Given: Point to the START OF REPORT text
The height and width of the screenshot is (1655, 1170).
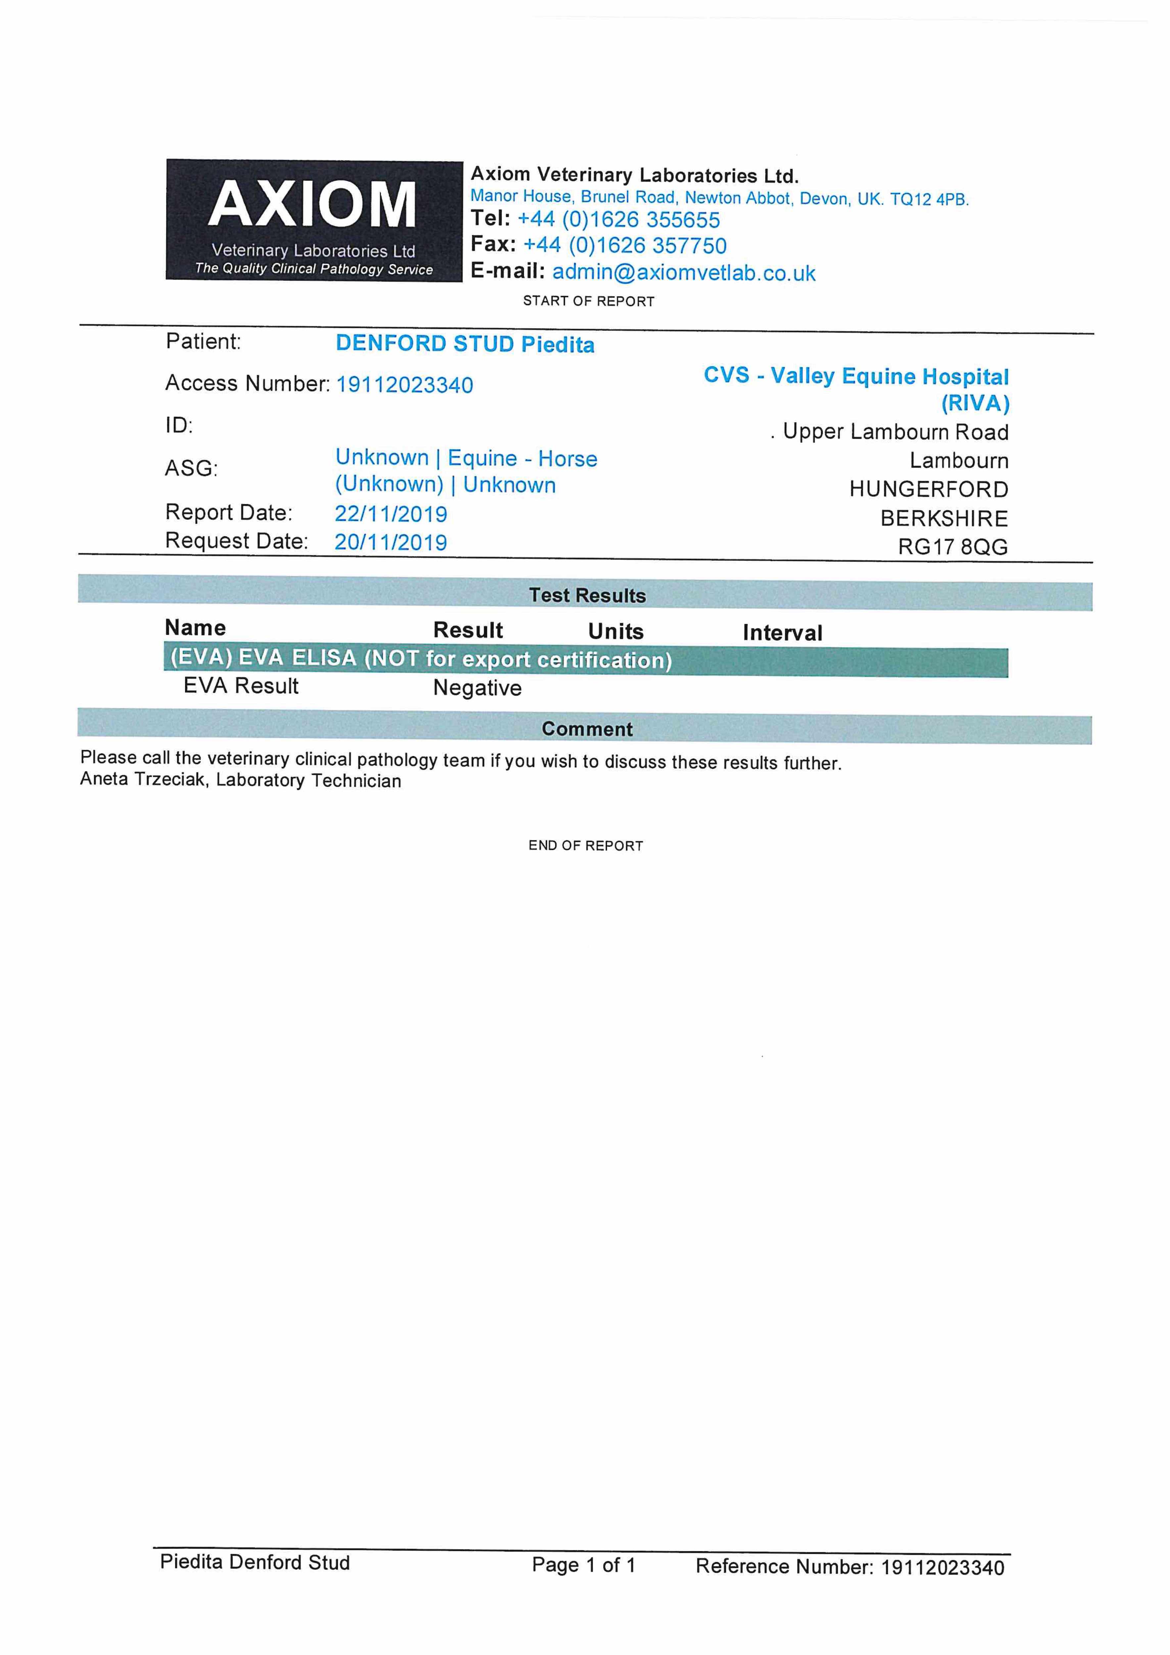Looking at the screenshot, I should [588, 301].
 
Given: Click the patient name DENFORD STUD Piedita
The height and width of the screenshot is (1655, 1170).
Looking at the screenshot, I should [465, 344].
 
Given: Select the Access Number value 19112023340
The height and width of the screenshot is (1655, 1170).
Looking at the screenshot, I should [404, 385].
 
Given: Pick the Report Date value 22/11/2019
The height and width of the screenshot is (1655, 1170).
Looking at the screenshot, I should [391, 514].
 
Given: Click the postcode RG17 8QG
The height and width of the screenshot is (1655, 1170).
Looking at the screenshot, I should [952, 547].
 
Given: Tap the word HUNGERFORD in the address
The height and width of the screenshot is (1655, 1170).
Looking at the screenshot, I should [928, 490].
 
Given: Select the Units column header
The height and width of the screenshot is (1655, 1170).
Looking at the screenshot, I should [616, 632].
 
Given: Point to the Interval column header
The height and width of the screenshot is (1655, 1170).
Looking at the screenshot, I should [782, 633].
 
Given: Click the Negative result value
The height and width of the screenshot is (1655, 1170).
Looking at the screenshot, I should [477, 688].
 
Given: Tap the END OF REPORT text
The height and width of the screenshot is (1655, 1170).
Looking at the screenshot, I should [585, 845].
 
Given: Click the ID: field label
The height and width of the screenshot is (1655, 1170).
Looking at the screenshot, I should [179, 425].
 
